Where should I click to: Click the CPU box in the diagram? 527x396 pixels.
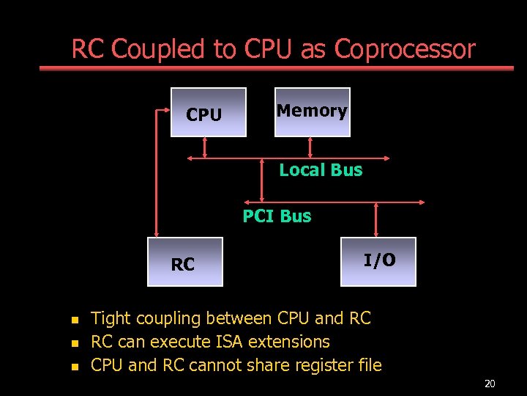point(208,112)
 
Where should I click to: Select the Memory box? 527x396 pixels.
point(312,112)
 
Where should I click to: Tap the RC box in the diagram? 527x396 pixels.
point(184,262)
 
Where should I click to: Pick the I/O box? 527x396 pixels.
point(378,261)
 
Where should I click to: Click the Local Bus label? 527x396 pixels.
point(321,170)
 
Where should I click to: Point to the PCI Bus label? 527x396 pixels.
point(277,216)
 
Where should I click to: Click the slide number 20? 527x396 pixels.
point(490,384)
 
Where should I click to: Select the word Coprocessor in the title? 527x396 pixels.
point(405,50)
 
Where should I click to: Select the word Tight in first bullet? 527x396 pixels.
point(111,319)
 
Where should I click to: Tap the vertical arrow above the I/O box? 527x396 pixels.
point(376,219)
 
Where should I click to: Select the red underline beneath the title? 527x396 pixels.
point(277,68)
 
